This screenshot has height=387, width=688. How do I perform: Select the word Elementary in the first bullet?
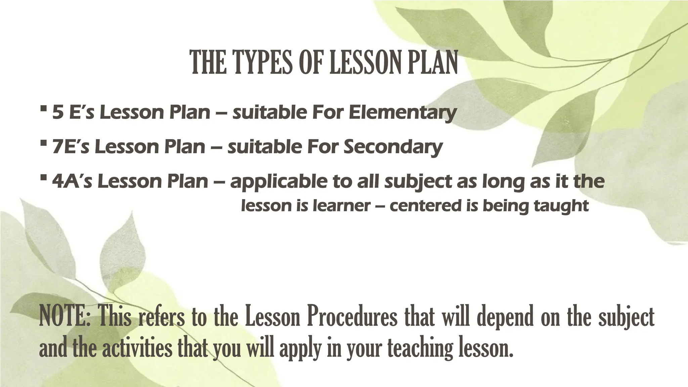(x=403, y=113)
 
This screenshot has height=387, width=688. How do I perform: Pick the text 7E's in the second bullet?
(x=71, y=147)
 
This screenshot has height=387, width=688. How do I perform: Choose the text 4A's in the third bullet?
(x=72, y=182)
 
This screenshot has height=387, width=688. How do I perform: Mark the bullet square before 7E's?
(x=43, y=143)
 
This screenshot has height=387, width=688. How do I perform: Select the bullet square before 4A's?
(x=43, y=178)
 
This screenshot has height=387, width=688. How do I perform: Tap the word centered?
(x=425, y=206)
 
